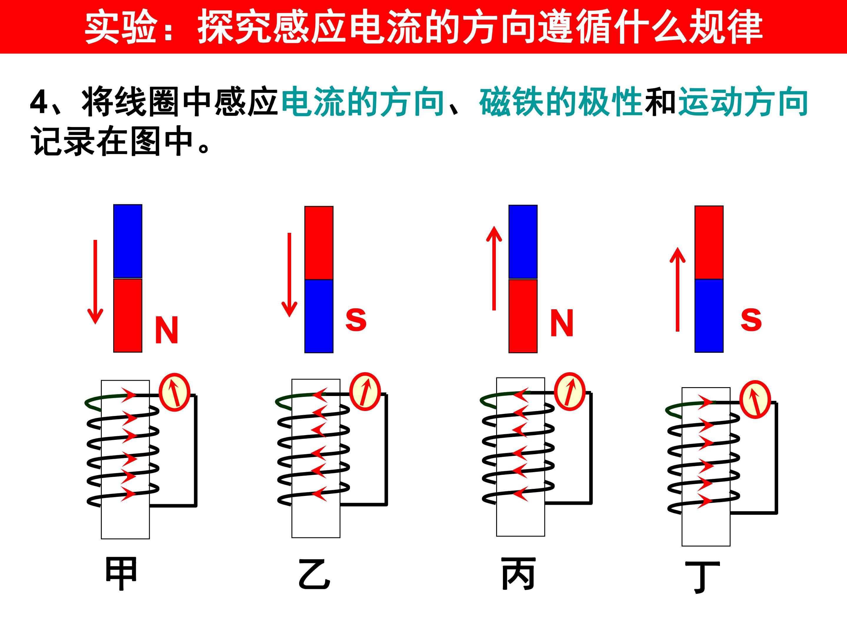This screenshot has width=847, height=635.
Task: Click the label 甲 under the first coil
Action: pyautogui.click(x=121, y=574)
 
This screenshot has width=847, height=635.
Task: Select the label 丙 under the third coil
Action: pyautogui.click(x=518, y=573)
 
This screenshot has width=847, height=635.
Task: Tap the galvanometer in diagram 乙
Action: pyautogui.click(x=365, y=391)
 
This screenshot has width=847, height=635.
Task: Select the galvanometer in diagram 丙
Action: pyautogui.click(x=570, y=392)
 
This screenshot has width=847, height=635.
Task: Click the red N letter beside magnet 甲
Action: pyautogui.click(x=166, y=330)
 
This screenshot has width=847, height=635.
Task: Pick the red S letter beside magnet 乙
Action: pyautogui.click(x=356, y=320)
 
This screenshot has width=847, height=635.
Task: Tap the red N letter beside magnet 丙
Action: pyautogui.click(x=562, y=323)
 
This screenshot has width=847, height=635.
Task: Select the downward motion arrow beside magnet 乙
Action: pyautogui.click(x=289, y=275)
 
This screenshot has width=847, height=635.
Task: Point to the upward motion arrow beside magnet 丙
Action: pyautogui.click(x=494, y=268)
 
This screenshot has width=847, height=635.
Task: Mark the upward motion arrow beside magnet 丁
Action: pyautogui.click(x=677, y=289)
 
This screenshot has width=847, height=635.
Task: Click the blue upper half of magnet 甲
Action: pyautogui.click(x=128, y=241)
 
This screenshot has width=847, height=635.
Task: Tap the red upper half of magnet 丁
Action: pyautogui.click(x=709, y=243)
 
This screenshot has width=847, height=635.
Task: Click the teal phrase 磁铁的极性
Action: pyautogui.click(x=561, y=102)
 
